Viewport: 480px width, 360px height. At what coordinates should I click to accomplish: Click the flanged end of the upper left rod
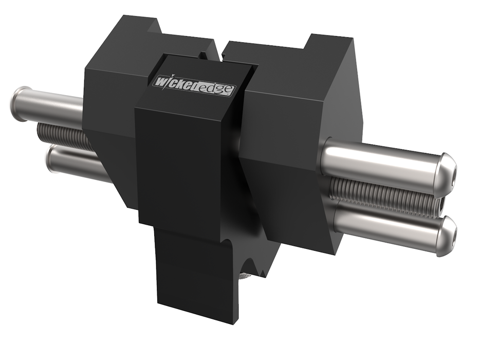(x=20, y=102)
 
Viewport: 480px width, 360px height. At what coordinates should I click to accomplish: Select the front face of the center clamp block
(x=185, y=165)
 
